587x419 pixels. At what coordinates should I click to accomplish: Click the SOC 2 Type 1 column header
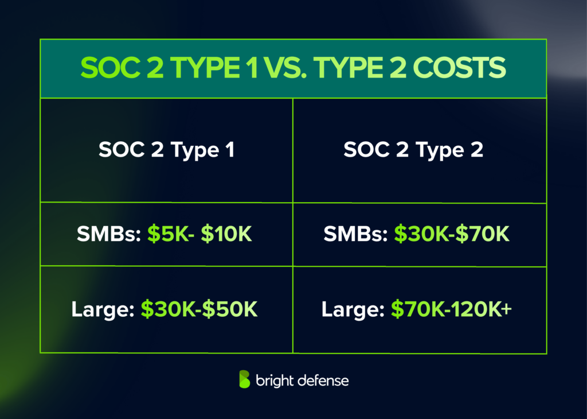(x=166, y=150)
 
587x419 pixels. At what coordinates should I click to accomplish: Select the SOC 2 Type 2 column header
(x=413, y=150)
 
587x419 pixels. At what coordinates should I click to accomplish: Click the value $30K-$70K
(x=451, y=234)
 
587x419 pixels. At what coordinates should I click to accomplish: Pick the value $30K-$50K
(x=199, y=310)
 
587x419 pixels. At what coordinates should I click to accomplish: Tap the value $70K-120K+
(x=452, y=310)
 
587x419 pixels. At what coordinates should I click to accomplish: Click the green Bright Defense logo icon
(x=245, y=379)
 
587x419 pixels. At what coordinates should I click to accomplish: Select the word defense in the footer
(x=325, y=381)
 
